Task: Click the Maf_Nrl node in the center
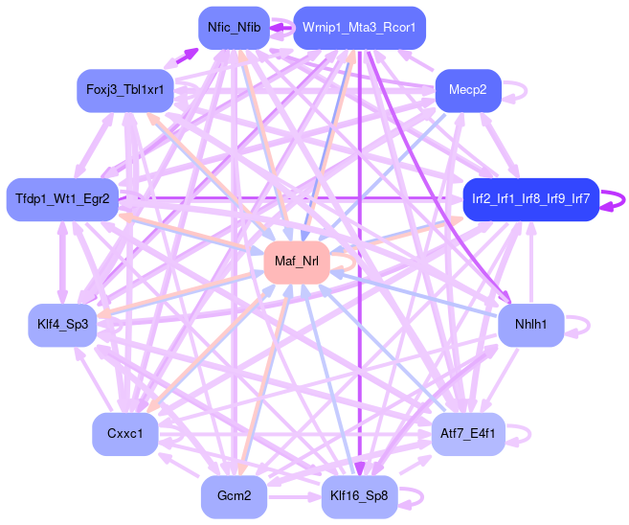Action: (296, 262)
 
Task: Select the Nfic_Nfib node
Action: (233, 28)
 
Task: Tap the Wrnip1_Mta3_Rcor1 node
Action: (359, 28)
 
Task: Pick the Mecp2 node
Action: (468, 90)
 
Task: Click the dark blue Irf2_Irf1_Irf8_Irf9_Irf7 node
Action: (530, 199)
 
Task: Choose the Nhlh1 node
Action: (529, 325)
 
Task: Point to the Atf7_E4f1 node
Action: (468, 434)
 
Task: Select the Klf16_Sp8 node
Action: (359, 496)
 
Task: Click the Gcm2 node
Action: (234, 496)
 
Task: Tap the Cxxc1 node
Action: (125, 434)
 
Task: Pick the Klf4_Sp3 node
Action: (62, 325)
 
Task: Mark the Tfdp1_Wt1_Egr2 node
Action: (62, 199)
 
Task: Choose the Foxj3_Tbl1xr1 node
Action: (125, 90)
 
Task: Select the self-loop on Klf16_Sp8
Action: (414, 496)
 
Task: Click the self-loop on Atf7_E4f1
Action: (523, 434)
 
